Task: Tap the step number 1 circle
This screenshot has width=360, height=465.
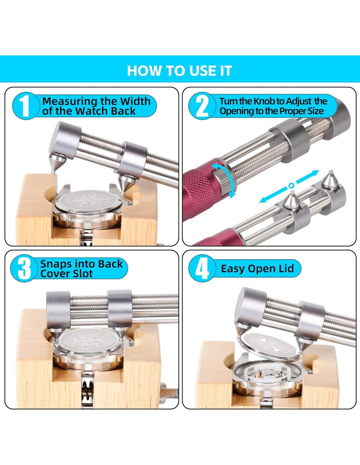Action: (x=26, y=106)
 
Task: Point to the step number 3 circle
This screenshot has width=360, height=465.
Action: (x=24, y=268)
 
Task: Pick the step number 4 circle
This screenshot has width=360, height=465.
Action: (x=202, y=268)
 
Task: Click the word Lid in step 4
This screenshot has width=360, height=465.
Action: (x=286, y=268)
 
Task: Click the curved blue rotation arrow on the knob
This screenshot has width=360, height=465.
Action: (x=232, y=180)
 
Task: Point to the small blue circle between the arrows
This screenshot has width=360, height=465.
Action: (x=291, y=186)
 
